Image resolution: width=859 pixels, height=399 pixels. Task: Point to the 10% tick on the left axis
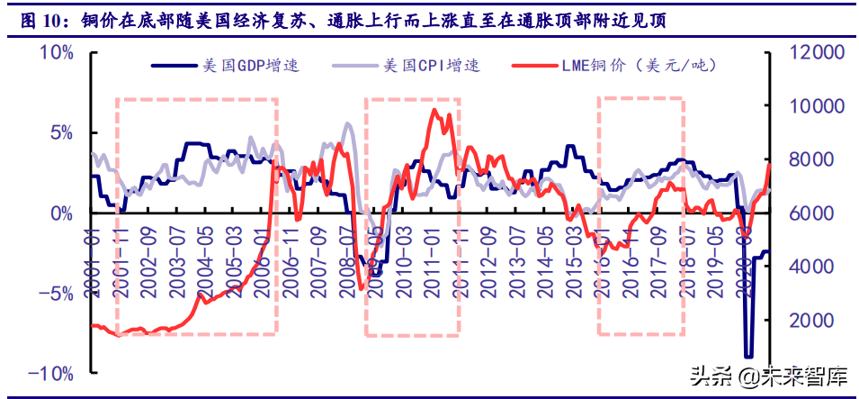[56, 53]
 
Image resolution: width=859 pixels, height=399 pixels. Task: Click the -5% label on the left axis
[56, 294]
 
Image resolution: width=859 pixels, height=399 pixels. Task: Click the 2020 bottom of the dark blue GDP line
[748, 357]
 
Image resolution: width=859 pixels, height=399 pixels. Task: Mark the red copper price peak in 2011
[434, 111]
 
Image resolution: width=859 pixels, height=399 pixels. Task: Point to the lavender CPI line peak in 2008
[348, 124]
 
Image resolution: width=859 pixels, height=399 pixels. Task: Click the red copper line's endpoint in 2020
[770, 164]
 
